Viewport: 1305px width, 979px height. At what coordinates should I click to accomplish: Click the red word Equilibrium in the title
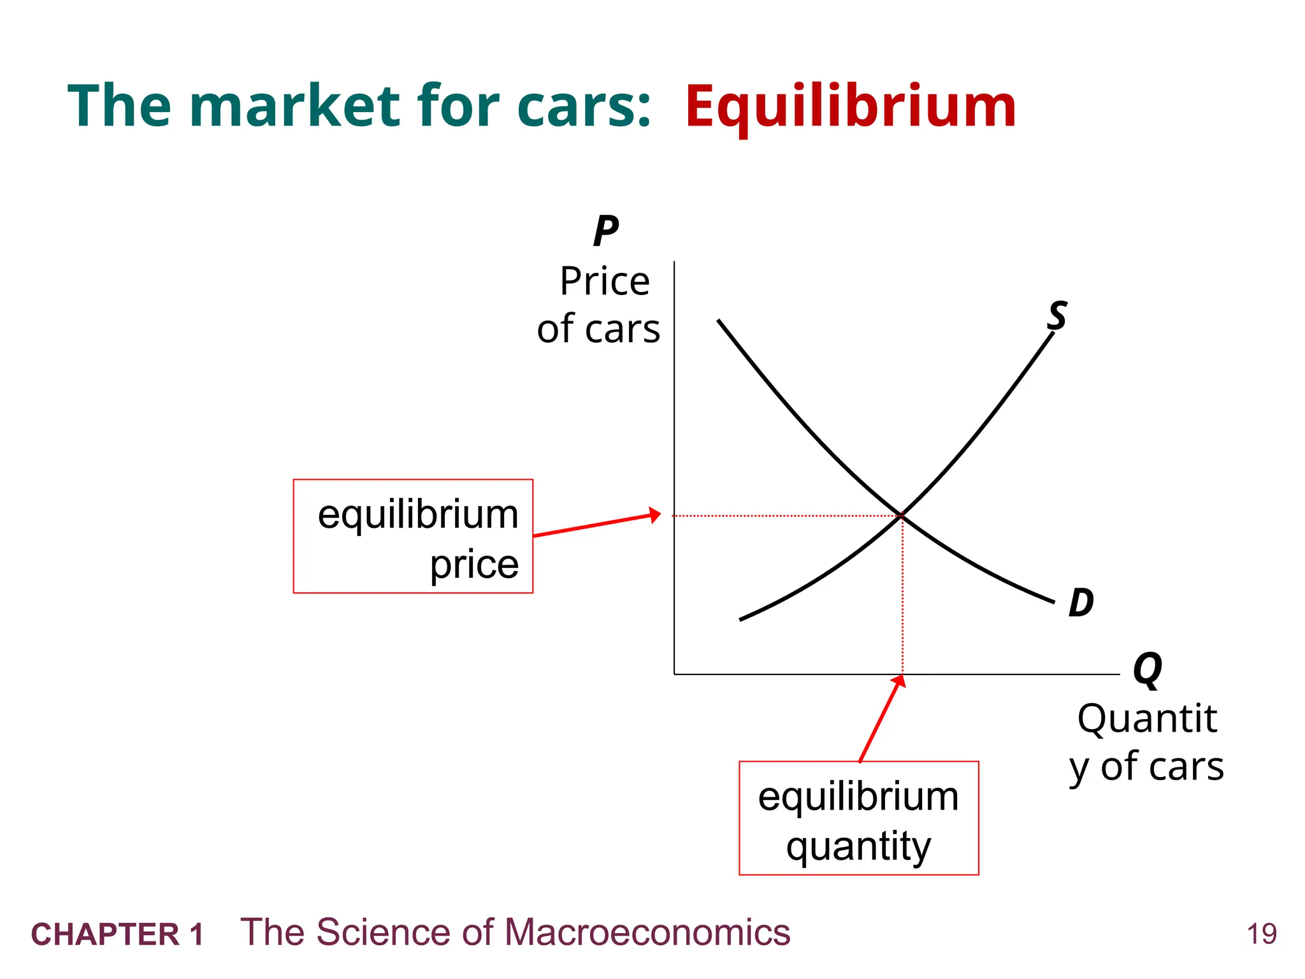pos(850,107)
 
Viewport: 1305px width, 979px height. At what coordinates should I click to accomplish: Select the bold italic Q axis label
pos(1148,669)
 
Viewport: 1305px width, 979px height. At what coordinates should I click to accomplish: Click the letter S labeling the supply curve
pos(1057,315)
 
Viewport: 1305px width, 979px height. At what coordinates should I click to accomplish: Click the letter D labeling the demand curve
pos(1081,603)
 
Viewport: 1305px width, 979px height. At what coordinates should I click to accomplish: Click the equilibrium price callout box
pos(413,536)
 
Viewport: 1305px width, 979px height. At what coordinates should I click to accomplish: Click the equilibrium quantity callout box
pos(858,818)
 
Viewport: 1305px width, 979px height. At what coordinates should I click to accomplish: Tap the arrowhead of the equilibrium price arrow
pos(655,514)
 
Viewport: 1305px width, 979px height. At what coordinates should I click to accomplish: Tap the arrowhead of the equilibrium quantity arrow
pos(899,681)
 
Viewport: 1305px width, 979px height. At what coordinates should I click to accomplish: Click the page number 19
pos(1262,934)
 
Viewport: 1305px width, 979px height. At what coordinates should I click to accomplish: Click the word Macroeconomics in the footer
pos(647,932)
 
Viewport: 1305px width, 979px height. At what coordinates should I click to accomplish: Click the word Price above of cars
pos(605,281)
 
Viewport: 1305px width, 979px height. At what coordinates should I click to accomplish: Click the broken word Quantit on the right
pos(1147,719)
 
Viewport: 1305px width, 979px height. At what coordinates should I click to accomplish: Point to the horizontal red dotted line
pos(784,516)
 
